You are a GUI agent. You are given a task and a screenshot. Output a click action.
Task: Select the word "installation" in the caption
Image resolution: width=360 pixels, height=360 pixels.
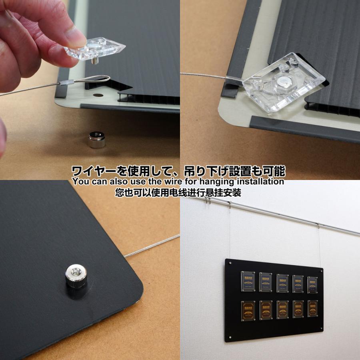click(259, 181)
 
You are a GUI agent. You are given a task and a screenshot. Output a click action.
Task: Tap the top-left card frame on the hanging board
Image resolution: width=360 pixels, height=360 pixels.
click(247, 281)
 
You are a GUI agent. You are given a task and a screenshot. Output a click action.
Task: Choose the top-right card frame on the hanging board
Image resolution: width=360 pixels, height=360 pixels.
click(312, 285)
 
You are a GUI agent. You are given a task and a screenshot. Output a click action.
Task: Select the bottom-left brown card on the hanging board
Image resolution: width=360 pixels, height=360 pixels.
click(247, 310)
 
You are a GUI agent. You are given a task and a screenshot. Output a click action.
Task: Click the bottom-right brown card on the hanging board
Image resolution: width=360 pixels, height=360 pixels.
click(312, 308)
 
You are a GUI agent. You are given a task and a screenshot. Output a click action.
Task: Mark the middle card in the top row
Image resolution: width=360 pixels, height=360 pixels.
click(282, 283)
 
